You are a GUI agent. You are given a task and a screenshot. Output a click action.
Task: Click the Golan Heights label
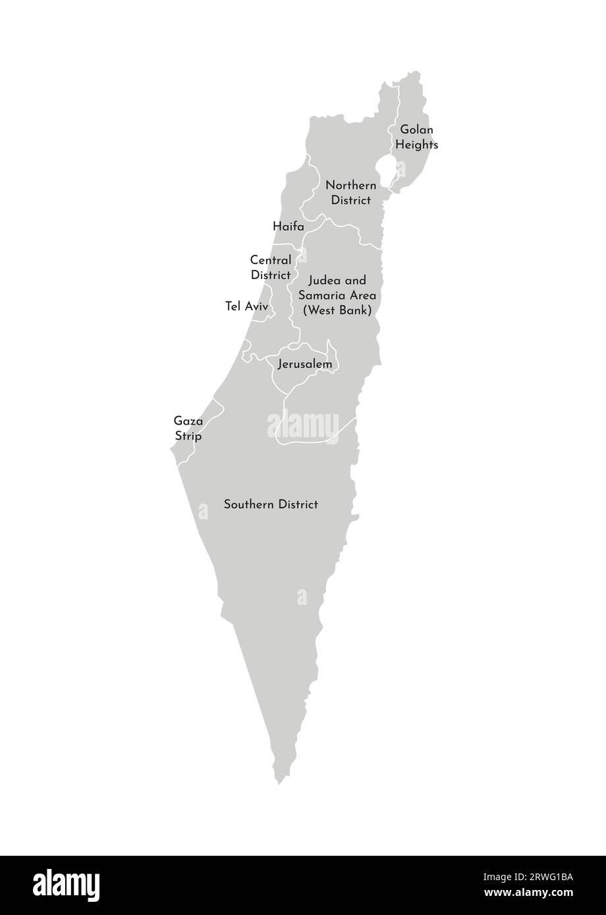click(416, 137)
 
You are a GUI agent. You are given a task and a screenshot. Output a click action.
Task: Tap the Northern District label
click(350, 192)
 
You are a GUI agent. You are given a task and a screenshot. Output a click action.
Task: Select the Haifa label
click(289, 226)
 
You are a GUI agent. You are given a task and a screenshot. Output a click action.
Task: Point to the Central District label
click(271, 267)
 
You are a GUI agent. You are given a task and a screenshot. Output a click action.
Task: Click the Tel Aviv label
click(246, 306)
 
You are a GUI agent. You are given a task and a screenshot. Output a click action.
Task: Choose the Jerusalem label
click(304, 363)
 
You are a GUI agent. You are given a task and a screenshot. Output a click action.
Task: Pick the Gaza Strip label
click(188, 428)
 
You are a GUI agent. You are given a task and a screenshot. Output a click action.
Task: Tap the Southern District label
click(271, 504)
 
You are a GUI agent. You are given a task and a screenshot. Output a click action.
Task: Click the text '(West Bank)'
click(337, 309)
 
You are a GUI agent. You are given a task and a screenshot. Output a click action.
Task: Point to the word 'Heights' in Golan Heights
click(416, 144)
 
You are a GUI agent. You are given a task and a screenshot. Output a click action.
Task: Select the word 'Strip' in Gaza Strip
click(188, 436)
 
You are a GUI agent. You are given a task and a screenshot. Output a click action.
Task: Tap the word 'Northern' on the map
click(350, 185)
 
